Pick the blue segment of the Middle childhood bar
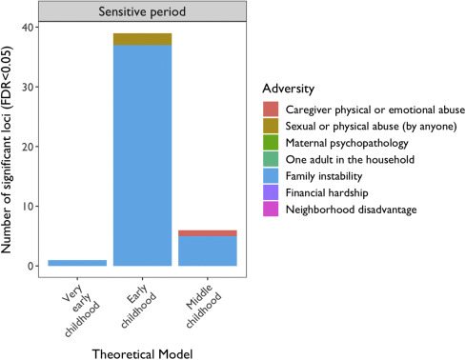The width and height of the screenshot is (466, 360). point(209,250)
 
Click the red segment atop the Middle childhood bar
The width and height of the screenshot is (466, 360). point(209,232)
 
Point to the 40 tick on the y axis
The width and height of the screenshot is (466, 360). point(35,27)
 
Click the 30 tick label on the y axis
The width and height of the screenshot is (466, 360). point(35,87)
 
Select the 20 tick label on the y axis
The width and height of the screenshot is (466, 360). point(35,147)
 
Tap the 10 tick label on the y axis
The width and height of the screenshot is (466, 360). point(35,207)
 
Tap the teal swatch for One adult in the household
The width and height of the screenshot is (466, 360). point(272,159)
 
